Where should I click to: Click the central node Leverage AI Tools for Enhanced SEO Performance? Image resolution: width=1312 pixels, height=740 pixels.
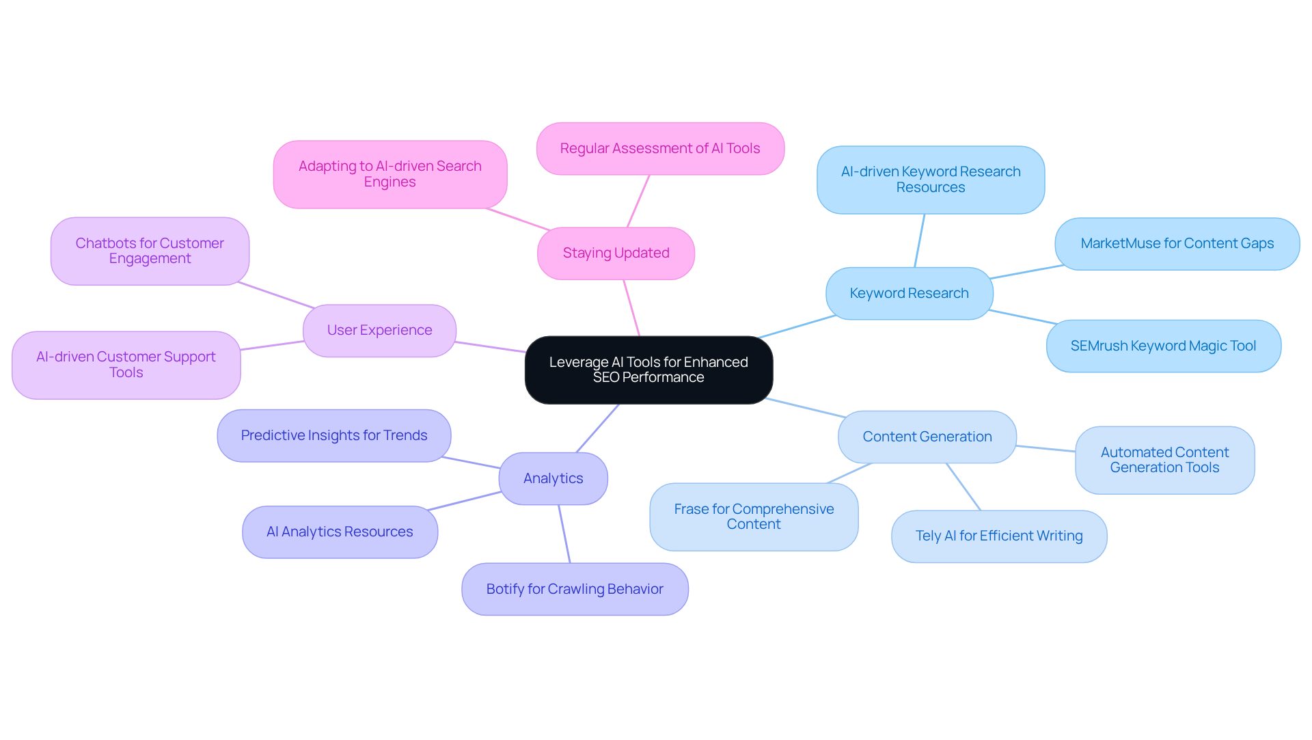(648, 370)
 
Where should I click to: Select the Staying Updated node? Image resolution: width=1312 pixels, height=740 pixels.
(616, 253)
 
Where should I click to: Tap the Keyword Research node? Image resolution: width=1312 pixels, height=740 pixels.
(909, 294)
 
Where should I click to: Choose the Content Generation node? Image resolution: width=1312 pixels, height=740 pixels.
(927, 437)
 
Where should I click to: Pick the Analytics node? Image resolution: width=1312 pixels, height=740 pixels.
(553, 479)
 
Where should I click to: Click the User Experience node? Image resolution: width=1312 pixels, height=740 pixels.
(379, 331)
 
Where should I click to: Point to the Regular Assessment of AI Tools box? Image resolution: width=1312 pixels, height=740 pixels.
(660, 149)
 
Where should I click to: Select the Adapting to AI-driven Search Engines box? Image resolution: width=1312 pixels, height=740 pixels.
(389, 174)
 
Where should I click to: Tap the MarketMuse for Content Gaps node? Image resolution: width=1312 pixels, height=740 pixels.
(1177, 244)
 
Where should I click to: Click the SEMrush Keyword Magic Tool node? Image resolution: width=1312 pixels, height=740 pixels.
(1163, 346)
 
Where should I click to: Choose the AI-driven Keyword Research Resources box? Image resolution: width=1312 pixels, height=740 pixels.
(930, 180)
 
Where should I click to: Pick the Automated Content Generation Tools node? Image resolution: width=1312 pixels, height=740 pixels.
(1164, 461)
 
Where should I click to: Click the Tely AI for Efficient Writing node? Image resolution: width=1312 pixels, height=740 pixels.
(998, 536)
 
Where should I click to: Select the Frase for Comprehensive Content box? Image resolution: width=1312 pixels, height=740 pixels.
(754, 517)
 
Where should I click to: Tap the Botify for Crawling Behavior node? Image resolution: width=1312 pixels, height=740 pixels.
(575, 590)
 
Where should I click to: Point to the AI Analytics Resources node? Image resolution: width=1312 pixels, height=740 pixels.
(340, 532)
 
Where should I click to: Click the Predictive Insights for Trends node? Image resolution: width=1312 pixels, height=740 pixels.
(333, 436)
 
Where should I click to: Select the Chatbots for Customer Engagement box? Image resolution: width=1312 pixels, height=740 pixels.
(150, 251)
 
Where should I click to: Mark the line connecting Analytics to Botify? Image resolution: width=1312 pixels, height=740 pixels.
(564, 534)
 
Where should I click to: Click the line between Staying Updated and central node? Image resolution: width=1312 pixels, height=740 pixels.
(631, 308)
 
